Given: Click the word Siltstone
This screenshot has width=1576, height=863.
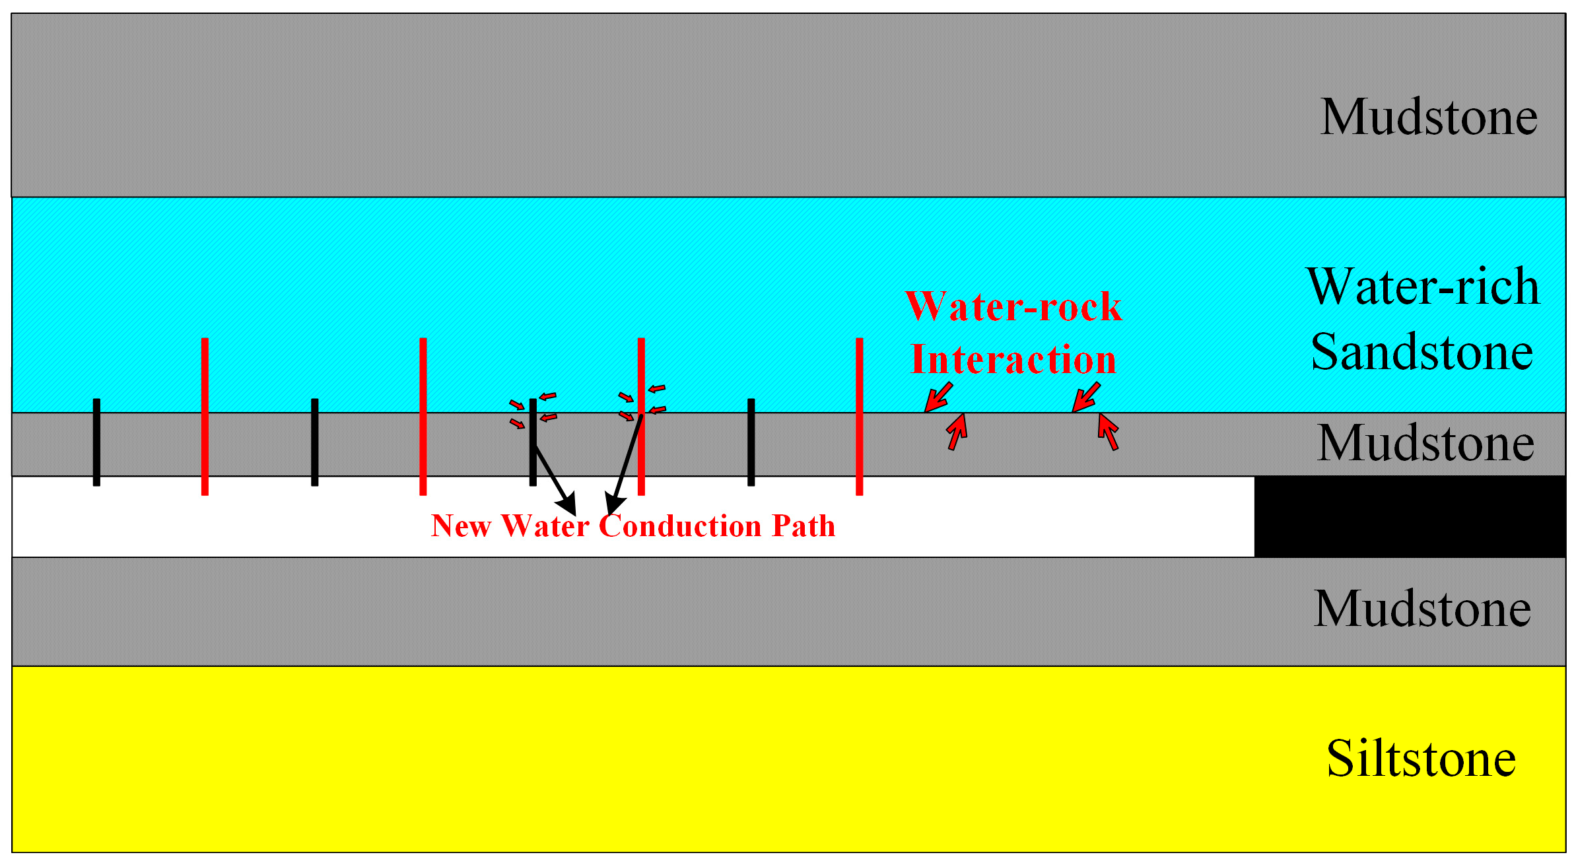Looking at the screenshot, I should (1421, 759).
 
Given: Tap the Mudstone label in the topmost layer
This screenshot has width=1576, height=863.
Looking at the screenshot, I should (1429, 118).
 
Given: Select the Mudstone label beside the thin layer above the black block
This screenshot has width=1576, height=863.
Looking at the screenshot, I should (1425, 444).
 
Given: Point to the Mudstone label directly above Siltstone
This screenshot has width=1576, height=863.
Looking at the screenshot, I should (1423, 609).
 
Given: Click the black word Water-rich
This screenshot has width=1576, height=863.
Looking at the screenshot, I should (1423, 287).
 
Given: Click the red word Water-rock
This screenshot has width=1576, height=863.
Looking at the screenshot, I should (1013, 307).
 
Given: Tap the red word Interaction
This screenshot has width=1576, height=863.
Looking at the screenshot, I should (1013, 361).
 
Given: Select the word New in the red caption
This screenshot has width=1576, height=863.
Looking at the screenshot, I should (461, 526).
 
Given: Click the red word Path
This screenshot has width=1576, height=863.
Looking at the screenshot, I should (804, 526).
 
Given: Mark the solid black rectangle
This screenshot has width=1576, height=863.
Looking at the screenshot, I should (1409, 516).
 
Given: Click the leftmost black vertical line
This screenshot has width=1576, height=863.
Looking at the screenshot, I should (96, 442).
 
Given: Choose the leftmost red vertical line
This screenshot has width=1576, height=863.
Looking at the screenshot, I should (205, 416).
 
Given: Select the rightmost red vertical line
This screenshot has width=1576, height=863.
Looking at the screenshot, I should (859, 416).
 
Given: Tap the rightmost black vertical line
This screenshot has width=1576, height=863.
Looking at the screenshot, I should (751, 442).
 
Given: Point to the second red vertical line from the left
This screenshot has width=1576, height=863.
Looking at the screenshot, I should (423, 416).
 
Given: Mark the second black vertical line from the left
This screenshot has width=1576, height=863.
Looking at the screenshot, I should (314, 442).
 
